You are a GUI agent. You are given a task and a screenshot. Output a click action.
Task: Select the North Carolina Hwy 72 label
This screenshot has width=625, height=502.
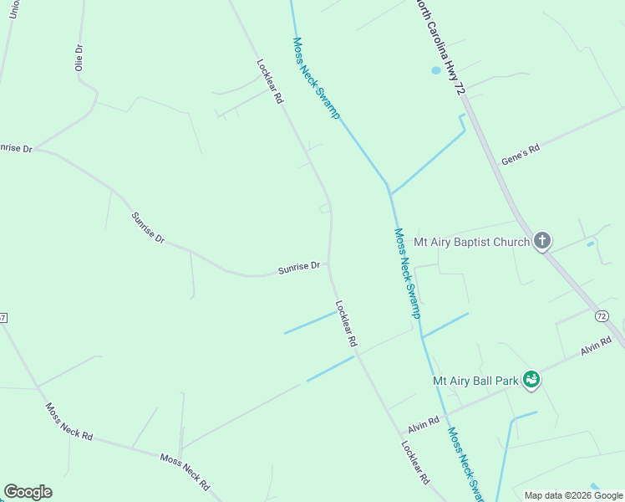pos(440,46)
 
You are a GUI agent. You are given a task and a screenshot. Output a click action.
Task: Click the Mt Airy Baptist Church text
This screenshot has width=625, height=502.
pos(472,243)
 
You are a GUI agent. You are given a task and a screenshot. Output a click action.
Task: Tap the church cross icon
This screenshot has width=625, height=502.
pos(542,242)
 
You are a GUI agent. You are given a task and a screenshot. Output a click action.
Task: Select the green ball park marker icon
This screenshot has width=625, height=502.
pos(531,380)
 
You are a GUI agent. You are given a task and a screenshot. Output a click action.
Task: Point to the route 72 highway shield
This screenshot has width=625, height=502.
pos(602,315)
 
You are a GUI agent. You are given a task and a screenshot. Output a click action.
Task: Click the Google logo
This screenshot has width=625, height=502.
pos(28,492)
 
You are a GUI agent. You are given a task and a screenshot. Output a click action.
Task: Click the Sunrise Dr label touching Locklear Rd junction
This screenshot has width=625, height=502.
pos(299,268)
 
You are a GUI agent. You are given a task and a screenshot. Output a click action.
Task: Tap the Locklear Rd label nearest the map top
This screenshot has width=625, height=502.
pos(270,80)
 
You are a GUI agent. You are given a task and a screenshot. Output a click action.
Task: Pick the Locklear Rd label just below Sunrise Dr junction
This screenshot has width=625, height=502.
pos(346,324)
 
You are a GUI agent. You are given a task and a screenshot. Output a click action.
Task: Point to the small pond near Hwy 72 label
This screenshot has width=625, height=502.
pos(435,70)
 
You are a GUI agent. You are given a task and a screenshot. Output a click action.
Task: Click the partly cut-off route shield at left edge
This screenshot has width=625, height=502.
pos(3,318)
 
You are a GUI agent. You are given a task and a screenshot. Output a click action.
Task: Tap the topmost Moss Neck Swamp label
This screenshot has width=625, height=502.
pos(316,78)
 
